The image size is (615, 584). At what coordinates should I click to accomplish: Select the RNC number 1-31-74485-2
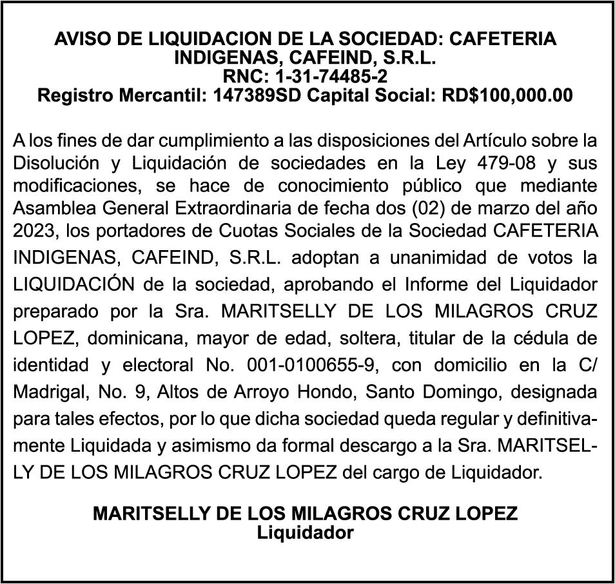pyautogui.click(x=331, y=77)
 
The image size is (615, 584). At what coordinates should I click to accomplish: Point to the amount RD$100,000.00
pyautogui.click(x=507, y=95)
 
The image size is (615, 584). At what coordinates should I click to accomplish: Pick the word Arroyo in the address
pyautogui.click(x=242, y=391)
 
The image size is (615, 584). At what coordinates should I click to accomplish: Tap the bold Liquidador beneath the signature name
pyautogui.click(x=306, y=533)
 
